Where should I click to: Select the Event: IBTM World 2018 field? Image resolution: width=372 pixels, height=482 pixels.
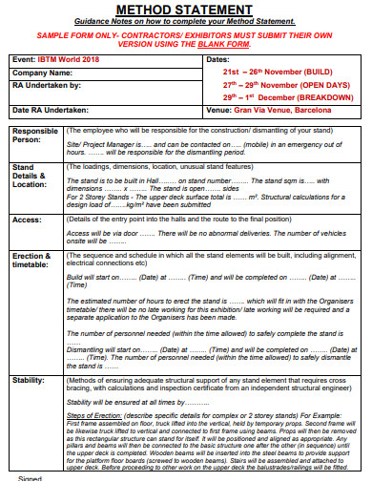point(60,59)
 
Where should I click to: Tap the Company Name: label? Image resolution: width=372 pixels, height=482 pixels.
point(44,72)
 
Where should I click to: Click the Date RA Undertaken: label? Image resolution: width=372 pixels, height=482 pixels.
point(56,111)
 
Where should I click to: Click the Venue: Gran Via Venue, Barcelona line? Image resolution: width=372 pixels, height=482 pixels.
point(274,111)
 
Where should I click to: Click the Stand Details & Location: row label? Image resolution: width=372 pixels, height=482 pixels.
point(31,175)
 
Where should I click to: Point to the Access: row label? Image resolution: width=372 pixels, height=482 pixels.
point(27,219)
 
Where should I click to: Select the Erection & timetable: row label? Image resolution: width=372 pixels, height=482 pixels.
point(34,262)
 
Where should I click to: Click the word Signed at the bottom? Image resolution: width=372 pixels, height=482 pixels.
point(30,478)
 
